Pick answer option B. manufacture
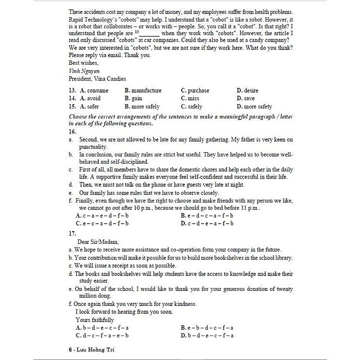143,90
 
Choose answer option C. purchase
195,90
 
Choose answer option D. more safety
254,107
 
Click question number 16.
72,131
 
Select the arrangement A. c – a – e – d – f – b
102,216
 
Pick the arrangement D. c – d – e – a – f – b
207,223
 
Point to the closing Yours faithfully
95,320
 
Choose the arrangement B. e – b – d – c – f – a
207,327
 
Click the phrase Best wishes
84,63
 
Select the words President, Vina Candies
97,79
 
